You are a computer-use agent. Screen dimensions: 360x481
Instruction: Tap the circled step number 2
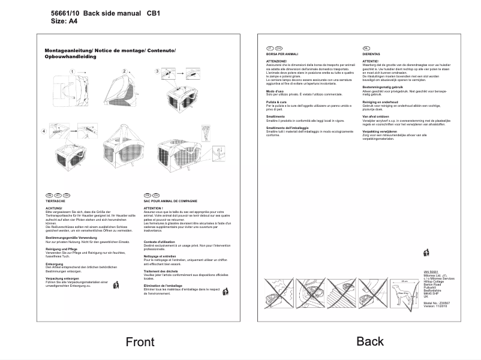tap(124, 71)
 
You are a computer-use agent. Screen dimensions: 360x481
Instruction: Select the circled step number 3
tap(157, 71)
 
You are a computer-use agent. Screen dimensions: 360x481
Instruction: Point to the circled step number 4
tap(44, 131)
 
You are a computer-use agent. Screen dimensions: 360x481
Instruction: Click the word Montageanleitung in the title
tap(68, 50)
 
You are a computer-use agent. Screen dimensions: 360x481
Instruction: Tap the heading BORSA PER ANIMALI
tap(282, 54)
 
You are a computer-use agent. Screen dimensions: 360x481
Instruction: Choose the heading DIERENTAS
tap(371, 54)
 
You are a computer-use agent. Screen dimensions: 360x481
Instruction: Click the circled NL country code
tap(366, 47)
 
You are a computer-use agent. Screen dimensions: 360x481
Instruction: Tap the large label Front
tap(140, 342)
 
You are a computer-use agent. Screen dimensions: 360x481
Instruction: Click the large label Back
tap(370, 341)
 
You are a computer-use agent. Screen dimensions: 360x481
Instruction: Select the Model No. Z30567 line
tap(437, 303)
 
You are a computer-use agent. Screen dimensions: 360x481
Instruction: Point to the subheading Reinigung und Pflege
tap(61, 248)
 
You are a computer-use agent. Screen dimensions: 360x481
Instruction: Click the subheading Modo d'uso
tap(276, 91)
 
